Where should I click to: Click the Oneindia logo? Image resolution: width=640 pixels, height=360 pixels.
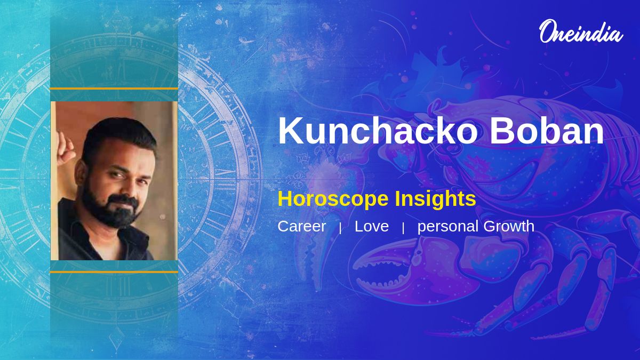click(581, 32)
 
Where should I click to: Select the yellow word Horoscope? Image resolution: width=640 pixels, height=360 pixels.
click(333, 199)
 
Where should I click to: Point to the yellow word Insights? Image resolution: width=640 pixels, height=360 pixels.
click(435, 199)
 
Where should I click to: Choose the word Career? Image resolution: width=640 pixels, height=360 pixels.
click(302, 226)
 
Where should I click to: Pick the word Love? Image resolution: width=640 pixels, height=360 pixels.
click(372, 226)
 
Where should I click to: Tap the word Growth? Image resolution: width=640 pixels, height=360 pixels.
click(509, 226)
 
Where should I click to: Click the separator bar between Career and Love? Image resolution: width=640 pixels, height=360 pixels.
click(340, 228)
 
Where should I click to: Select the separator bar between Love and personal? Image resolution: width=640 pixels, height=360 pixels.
click(403, 228)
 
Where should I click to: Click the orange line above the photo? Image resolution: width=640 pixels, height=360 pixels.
click(114, 89)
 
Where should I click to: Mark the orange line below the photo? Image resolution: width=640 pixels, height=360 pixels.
click(114, 272)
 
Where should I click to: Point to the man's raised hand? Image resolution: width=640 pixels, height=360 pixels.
click(65, 149)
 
